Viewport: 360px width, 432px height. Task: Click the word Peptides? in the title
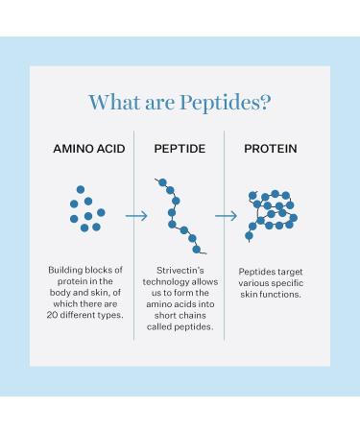(x=226, y=103)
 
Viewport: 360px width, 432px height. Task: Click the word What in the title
(x=114, y=103)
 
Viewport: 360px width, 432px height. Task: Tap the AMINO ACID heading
(x=89, y=149)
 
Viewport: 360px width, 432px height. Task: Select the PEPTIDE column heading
(x=180, y=149)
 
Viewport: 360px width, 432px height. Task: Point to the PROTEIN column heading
(x=271, y=149)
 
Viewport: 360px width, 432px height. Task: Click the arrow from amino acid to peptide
(x=136, y=216)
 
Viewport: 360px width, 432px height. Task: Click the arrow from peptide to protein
(x=226, y=216)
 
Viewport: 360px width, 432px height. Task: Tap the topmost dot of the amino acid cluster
(x=81, y=189)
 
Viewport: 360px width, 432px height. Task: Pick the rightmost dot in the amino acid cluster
(x=101, y=212)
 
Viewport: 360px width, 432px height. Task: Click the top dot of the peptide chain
(x=162, y=182)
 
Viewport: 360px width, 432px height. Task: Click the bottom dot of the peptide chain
(x=197, y=250)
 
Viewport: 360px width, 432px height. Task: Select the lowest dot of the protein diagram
(x=249, y=236)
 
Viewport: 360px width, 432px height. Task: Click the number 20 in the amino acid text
(x=52, y=315)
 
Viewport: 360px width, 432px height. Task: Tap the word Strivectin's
(x=180, y=271)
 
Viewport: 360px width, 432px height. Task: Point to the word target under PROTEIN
(x=290, y=272)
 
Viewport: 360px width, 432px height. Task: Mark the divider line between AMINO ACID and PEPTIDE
(x=133, y=235)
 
